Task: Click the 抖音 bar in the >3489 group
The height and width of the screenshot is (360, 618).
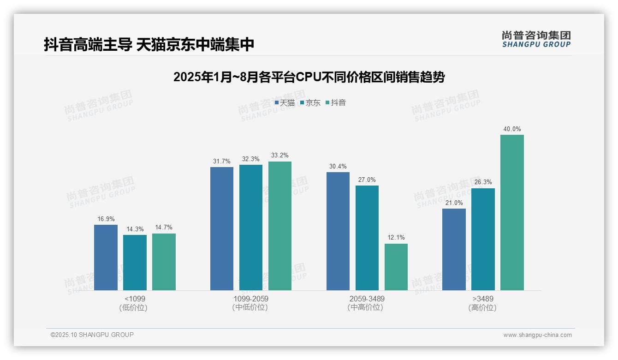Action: pos(512,212)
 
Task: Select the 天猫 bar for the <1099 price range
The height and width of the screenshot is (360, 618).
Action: pos(106,258)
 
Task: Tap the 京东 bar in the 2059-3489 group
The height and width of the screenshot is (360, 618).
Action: pos(367,238)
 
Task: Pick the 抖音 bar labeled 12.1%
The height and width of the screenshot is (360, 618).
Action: pos(396,267)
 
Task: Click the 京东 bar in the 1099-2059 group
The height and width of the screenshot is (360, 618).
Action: pos(251,228)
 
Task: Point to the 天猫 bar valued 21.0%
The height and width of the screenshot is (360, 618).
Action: pos(454,249)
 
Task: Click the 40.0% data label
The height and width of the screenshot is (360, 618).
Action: pos(512,129)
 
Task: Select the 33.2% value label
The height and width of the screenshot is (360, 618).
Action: pos(280,156)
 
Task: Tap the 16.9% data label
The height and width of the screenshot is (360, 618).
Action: pos(106,219)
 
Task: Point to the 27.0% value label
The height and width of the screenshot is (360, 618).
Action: pos(367,180)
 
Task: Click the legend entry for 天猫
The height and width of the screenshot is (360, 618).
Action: pos(285,103)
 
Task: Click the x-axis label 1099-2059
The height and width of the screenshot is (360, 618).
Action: pos(251,299)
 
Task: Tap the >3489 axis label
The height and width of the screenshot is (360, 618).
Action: pos(483,299)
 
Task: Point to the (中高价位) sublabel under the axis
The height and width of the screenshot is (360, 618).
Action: pos(367,307)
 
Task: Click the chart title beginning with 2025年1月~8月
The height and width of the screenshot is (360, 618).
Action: pos(309,77)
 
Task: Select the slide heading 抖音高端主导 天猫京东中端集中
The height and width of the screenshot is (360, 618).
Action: pos(149,45)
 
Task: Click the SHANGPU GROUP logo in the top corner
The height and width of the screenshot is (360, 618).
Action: pos(536,39)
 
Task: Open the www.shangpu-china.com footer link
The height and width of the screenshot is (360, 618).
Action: pos(537,335)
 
